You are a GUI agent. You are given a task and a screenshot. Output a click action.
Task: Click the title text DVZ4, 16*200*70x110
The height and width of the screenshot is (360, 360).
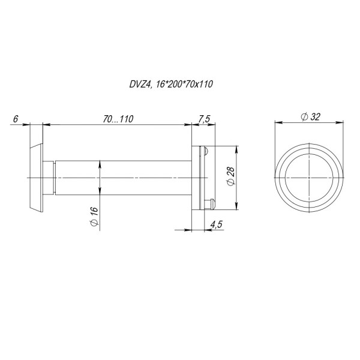click(171, 84)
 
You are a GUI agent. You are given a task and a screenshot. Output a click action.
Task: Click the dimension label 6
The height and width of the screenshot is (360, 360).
click(16, 119)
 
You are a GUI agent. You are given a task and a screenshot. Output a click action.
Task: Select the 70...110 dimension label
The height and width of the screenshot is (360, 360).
click(118, 119)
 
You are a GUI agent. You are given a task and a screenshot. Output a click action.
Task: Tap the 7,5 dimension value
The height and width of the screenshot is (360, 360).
click(204, 119)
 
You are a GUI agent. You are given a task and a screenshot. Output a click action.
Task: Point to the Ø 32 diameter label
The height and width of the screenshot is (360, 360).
click(310, 117)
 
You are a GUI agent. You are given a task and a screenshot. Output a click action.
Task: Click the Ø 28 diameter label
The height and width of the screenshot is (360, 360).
click(230, 176)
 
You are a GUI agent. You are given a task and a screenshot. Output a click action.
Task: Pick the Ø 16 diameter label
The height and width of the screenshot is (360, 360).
click(94, 217)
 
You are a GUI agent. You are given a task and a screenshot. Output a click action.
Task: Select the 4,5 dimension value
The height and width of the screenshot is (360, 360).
click(216, 224)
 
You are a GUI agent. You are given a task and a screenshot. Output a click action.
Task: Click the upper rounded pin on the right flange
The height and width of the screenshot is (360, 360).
click(205, 151)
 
